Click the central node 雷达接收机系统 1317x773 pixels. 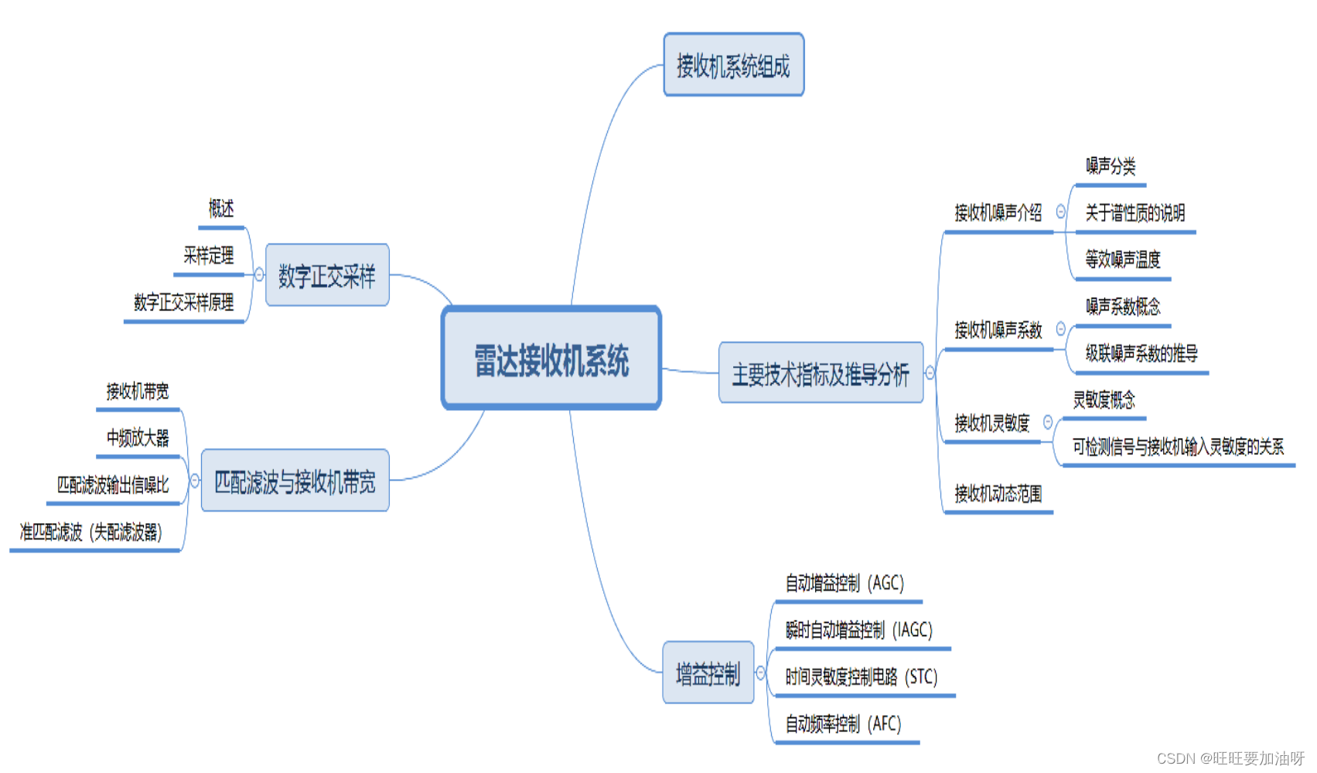click(551, 358)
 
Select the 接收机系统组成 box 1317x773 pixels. click(733, 65)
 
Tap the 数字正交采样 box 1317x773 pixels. click(326, 275)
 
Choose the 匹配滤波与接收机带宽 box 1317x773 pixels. click(295, 481)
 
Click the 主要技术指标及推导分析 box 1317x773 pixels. click(821, 374)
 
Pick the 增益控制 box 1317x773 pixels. click(708, 673)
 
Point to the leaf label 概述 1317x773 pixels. click(221, 209)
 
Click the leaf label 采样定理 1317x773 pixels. click(209, 255)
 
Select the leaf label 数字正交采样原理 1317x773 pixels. click(184, 303)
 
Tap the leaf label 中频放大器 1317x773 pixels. click(138, 438)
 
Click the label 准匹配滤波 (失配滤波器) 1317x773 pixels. click(91, 532)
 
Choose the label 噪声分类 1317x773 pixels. click(1111, 166)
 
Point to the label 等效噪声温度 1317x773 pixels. click(1123, 259)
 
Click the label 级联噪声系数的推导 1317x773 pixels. click(1141, 354)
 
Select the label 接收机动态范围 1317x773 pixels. click(998, 494)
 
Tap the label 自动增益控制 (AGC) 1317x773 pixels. click(844, 583)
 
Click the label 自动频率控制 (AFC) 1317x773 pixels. click(844, 724)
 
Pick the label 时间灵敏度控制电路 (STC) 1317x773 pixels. click(862, 677)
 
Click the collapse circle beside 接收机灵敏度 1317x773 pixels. click(1048, 422)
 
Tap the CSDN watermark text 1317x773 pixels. click(1230, 758)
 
